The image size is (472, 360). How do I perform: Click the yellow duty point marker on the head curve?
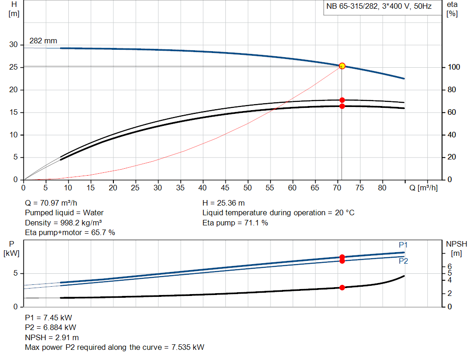342,66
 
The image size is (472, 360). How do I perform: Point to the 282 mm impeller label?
43,41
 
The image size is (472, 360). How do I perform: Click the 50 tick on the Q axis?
248,188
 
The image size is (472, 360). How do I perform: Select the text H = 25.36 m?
224,203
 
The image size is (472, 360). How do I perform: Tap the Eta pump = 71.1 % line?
235,223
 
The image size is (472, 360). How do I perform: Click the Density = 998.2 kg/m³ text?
63,223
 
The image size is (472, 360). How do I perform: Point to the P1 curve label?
403,245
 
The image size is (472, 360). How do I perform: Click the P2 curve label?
403,261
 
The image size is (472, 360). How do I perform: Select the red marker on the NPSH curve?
342,288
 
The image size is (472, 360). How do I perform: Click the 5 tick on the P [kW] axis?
15,273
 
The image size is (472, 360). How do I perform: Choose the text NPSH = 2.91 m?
52,337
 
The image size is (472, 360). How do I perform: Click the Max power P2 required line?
114,347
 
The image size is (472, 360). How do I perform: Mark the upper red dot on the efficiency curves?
342,100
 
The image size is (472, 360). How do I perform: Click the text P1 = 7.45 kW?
48,318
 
